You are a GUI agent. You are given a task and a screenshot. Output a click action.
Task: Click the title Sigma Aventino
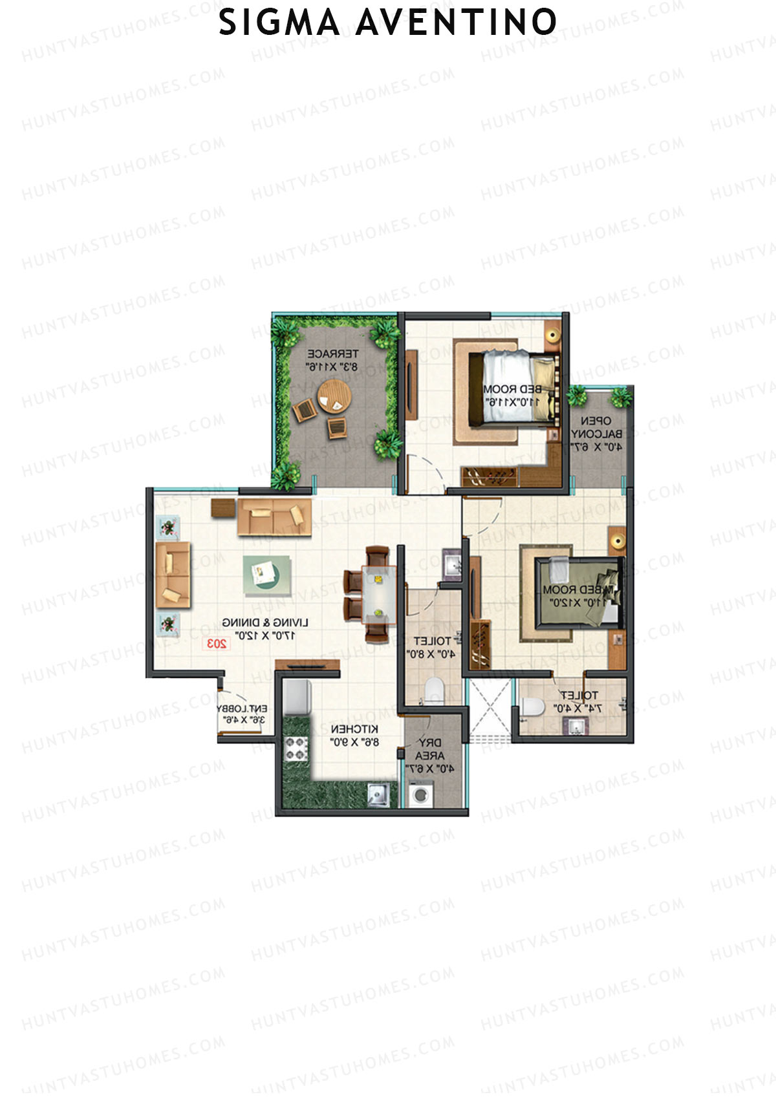click(x=388, y=23)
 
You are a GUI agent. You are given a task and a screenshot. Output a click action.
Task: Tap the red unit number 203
click(x=216, y=643)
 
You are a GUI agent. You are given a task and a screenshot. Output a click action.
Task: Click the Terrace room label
click(x=332, y=354)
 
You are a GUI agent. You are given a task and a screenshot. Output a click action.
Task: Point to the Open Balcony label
click(x=596, y=427)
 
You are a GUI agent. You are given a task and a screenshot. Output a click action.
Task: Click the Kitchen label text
click(x=354, y=729)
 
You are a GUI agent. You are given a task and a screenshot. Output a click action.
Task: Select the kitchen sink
click(x=378, y=794)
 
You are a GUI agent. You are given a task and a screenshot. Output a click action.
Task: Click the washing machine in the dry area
click(x=419, y=794)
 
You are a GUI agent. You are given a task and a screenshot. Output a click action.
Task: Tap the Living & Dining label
click(x=265, y=622)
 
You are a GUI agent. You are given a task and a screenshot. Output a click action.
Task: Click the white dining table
click(x=378, y=593)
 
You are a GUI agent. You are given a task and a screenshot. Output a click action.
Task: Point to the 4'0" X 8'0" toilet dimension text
click(x=431, y=654)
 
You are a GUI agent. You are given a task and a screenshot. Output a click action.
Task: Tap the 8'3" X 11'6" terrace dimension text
click(x=332, y=367)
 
